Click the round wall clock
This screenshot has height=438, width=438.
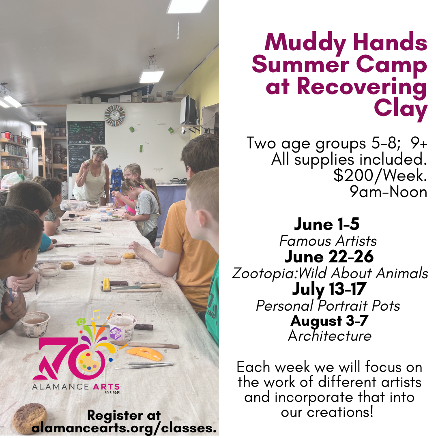pyautogui.click(x=114, y=116)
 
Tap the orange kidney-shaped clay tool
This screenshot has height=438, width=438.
pyautogui.click(x=145, y=354)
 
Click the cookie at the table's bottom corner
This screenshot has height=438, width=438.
pyautogui.click(x=29, y=418)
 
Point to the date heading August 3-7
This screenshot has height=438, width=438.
pyautogui.click(x=329, y=320)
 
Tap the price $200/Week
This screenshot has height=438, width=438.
pyautogui.click(x=380, y=176)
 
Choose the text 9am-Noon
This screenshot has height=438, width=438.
pyautogui.click(x=389, y=192)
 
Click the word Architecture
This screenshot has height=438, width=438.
pyautogui.click(x=329, y=336)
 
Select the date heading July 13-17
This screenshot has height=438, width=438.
pyautogui.click(x=329, y=289)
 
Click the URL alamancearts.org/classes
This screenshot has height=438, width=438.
pyautogui.click(x=124, y=428)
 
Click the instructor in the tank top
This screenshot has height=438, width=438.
pyautogui.click(x=93, y=174)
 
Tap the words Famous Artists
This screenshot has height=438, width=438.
pyautogui.click(x=328, y=241)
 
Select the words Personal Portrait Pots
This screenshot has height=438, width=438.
pyautogui.click(x=328, y=305)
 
